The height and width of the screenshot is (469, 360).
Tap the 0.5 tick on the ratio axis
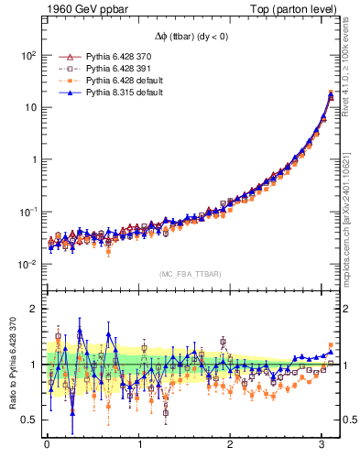(x=29, y=420)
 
